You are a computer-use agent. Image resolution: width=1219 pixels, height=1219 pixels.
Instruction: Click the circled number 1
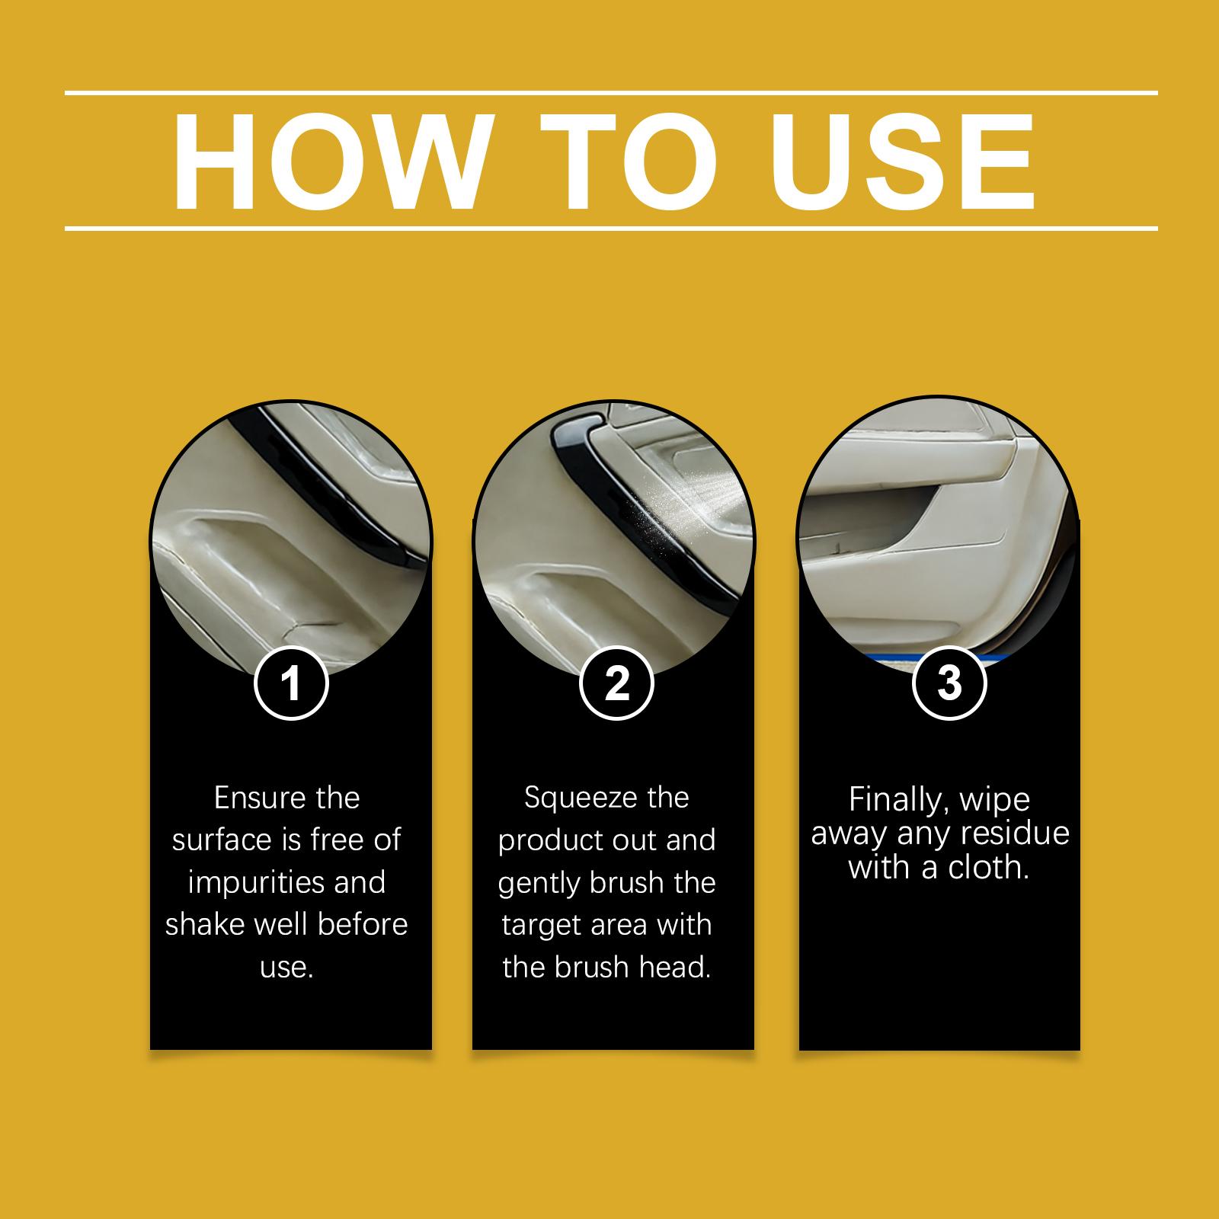(291, 683)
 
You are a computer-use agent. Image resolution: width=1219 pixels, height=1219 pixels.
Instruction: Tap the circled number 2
(616, 683)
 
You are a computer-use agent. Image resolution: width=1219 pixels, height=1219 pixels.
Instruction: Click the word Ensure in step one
(250, 798)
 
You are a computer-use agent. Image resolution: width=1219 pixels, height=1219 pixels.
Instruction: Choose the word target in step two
(538, 926)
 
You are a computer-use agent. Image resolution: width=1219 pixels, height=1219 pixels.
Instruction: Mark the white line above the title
(611, 94)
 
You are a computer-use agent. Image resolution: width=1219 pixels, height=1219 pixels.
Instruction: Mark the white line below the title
(611, 228)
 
